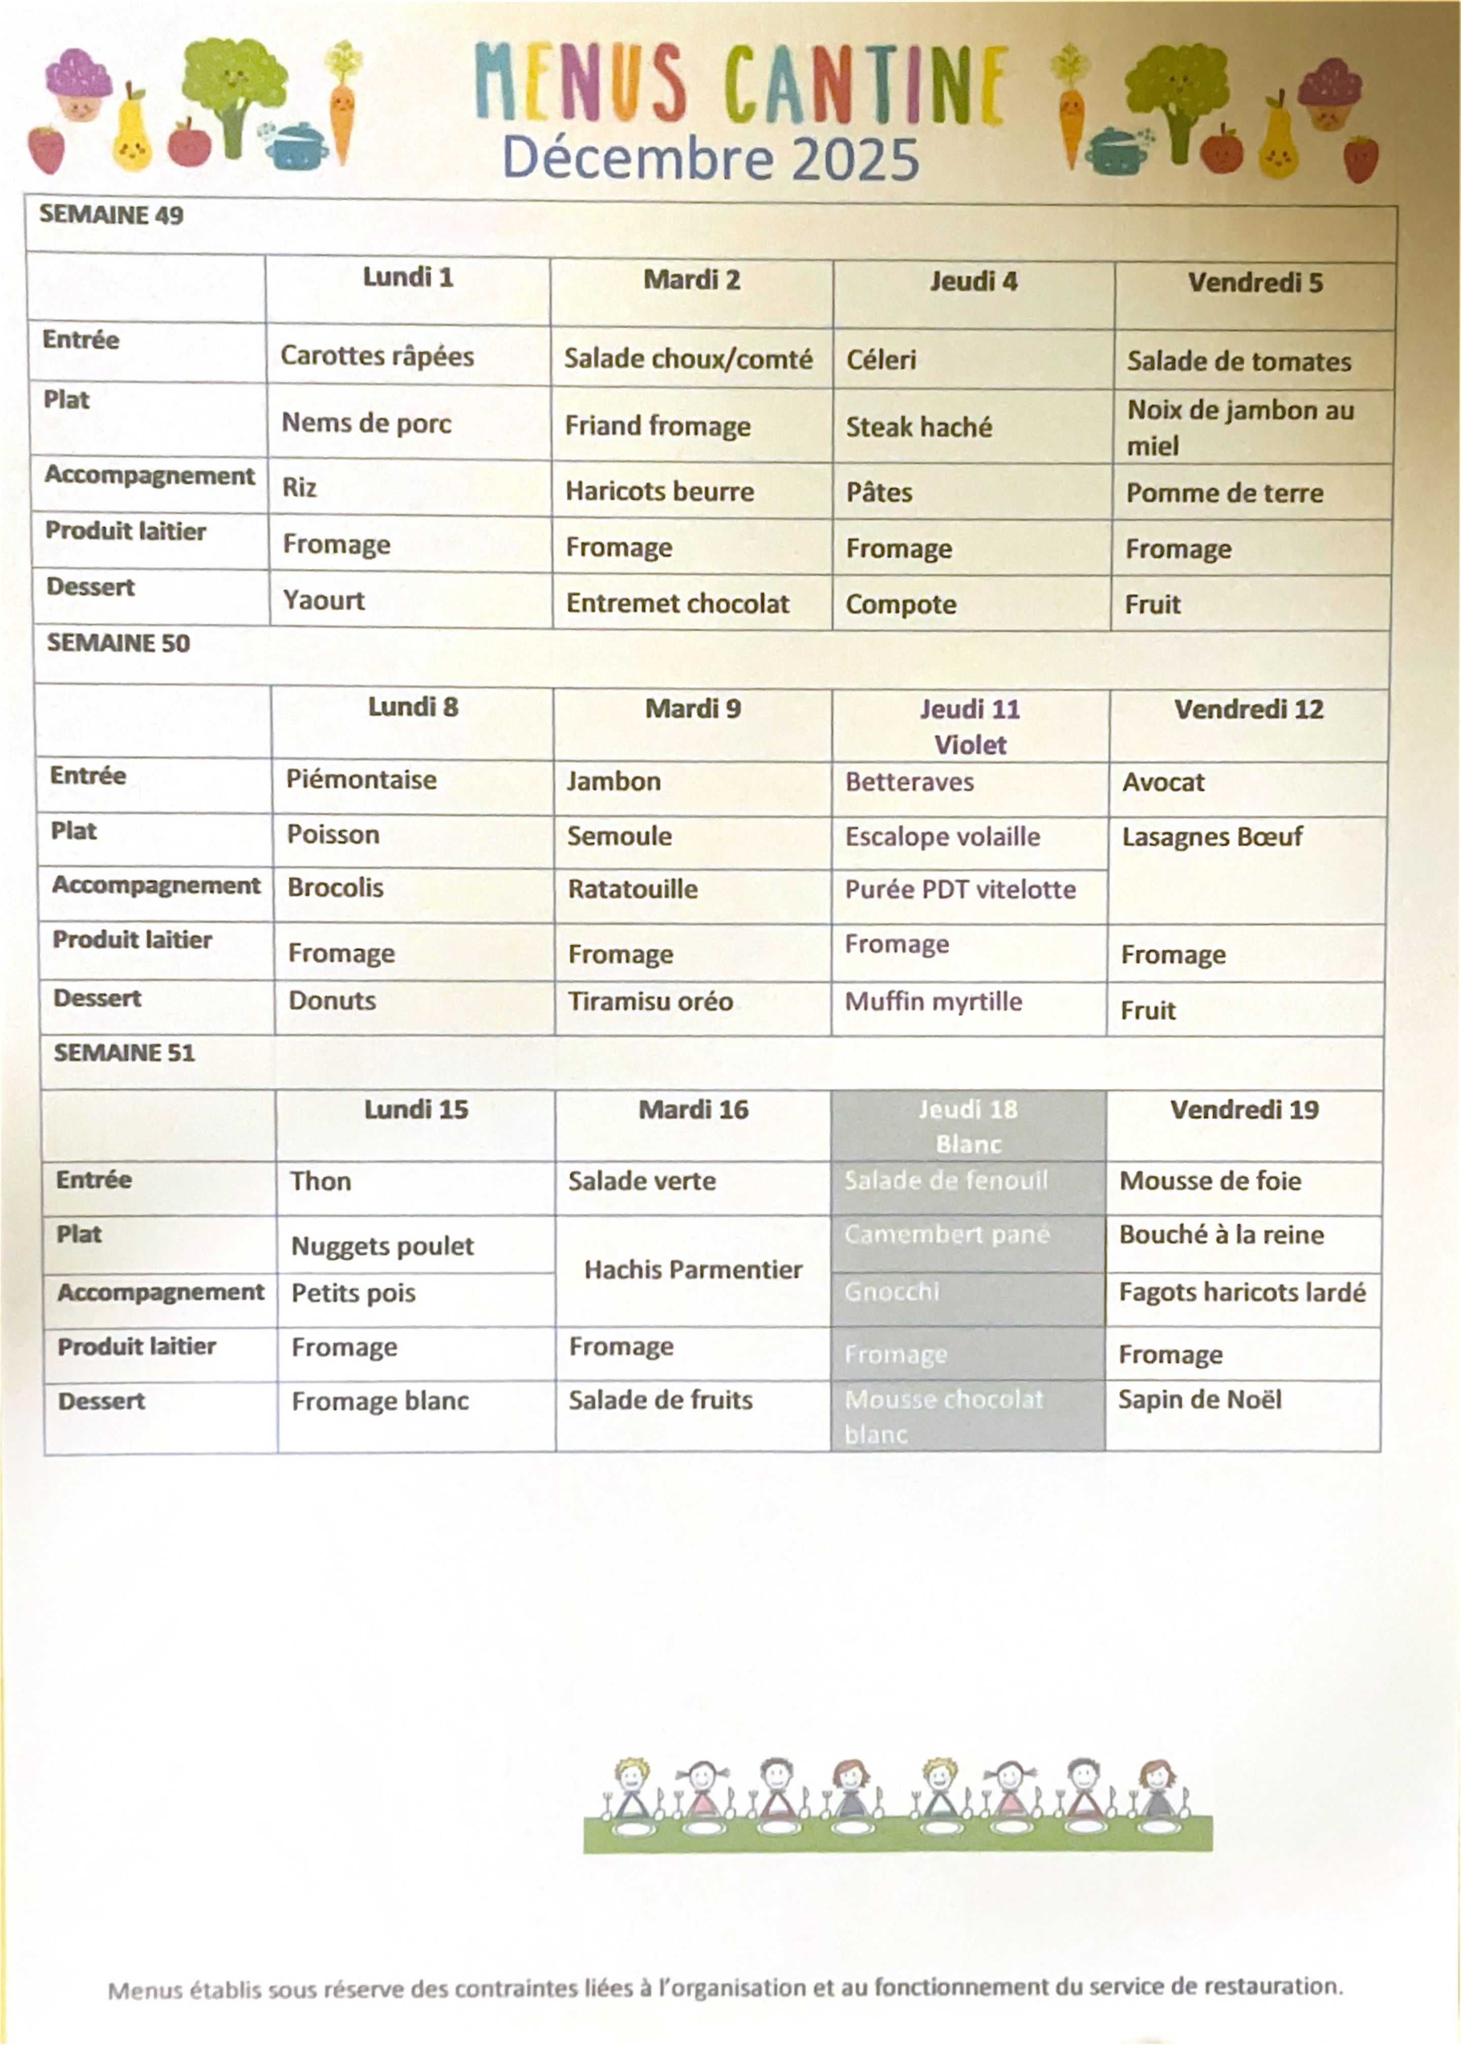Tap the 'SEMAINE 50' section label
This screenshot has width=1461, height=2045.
(118, 643)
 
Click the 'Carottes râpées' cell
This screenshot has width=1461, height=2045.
(377, 356)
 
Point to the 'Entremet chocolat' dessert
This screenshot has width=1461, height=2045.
(677, 604)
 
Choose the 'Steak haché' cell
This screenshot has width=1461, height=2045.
(919, 427)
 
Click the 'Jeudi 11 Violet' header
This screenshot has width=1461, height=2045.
(970, 726)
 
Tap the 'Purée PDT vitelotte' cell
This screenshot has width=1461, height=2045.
(960, 890)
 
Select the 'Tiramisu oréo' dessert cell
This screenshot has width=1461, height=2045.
(651, 1001)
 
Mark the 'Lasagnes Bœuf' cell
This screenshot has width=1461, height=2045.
(1212, 837)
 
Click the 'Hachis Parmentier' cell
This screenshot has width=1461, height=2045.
(693, 1270)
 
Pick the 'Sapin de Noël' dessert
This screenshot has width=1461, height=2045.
(1199, 1400)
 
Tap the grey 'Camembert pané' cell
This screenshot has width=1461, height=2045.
(947, 1235)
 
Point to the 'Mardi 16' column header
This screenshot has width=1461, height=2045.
(693, 1109)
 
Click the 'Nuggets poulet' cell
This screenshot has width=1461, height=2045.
(382, 1246)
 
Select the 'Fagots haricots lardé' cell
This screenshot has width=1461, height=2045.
(1242, 1293)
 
